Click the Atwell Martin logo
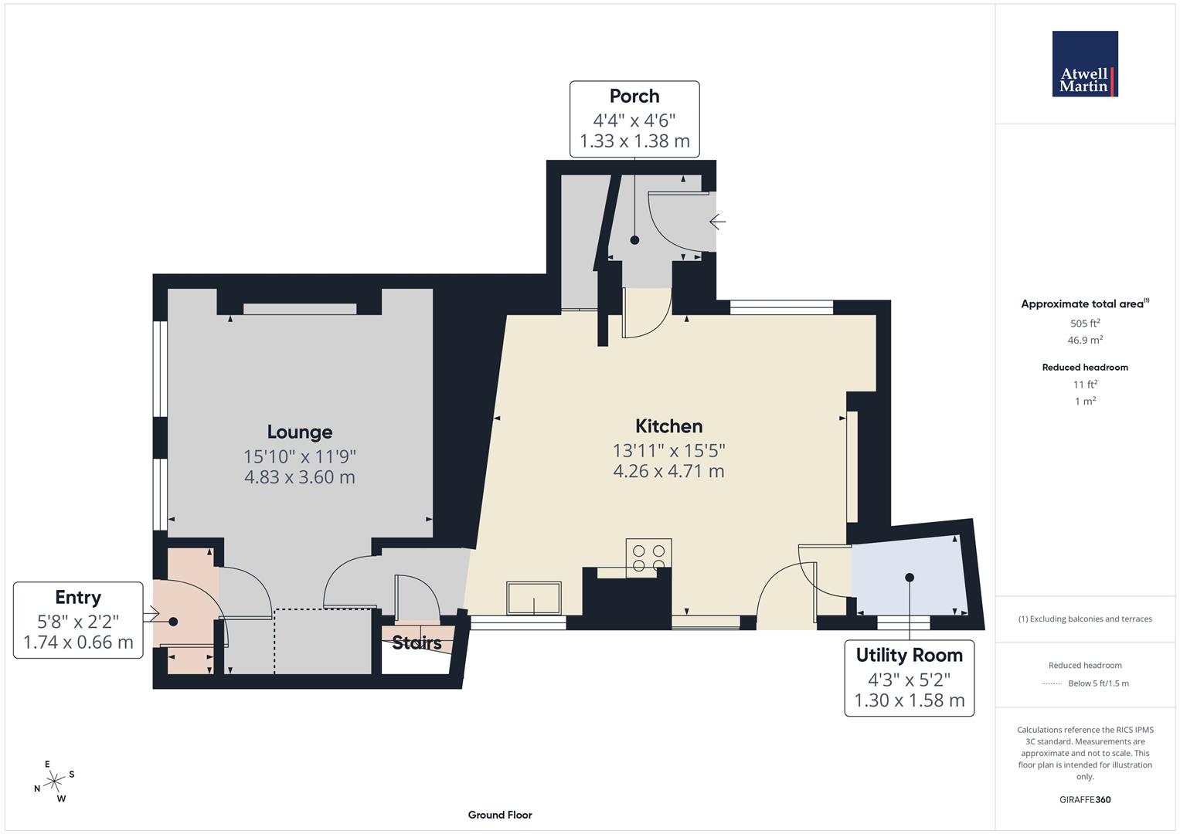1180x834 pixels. tap(1085, 64)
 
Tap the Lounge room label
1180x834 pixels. tap(300, 432)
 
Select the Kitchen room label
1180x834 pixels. tap(668, 425)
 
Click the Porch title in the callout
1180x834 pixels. tap(634, 97)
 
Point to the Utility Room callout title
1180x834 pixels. tap(909, 655)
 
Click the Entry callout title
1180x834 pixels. tap(78, 598)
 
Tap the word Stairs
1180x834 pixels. tap(417, 642)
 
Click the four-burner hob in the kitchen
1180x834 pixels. tap(649, 558)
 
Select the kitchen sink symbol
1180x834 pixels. tap(534, 598)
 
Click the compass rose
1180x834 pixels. tap(54, 781)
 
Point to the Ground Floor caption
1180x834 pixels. tap(500, 815)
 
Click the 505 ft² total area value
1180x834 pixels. tap(1085, 324)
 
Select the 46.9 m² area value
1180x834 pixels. tap(1085, 340)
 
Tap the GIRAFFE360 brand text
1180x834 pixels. tap(1085, 799)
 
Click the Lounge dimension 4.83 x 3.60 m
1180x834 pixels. tap(300, 477)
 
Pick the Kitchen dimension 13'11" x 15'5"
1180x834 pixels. tap(668, 449)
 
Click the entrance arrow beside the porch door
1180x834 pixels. tap(717, 222)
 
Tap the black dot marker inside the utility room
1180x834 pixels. tap(910, 578)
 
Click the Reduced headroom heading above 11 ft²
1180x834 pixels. tap(1085, 368)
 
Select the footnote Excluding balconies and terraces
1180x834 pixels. tap(1085, 619)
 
